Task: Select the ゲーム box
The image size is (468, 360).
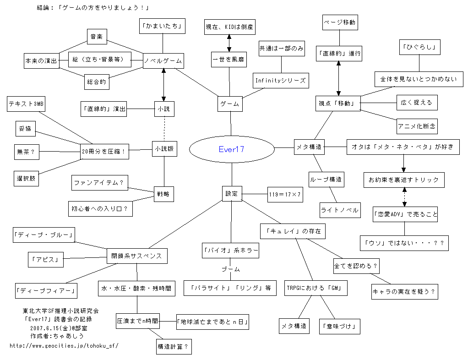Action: tap(230, 104)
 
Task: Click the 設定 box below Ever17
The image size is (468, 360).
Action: tap(232, 194)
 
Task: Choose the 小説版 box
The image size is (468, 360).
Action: tap(165, 148)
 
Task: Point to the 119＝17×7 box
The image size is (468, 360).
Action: tap(285, 194)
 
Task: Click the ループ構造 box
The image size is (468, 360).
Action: tap(325, 180)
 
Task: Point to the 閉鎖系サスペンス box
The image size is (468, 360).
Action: tap(136, 256)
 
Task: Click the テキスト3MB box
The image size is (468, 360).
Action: tap(25, 104)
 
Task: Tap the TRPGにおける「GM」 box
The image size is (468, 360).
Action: tap(315, 288)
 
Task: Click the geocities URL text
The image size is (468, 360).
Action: tap(64, 346)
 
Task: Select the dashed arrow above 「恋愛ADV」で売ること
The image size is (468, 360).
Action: tap(404, 196)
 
